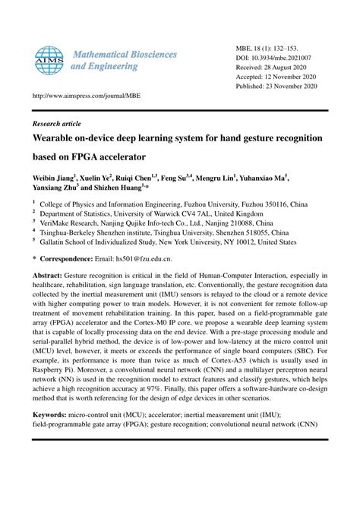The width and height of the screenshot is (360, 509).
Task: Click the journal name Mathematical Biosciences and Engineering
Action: (124, 61)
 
